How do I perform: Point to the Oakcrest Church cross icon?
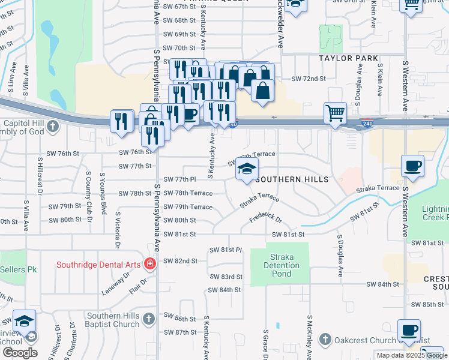[325, 340]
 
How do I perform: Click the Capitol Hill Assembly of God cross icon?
[53, 126]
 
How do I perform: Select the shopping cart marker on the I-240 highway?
[335, 112]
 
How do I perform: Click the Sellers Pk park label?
[22, 270]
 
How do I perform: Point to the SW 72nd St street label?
[308, 79]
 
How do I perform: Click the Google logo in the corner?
[19, 353]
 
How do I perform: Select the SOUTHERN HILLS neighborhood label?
[292, 179]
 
